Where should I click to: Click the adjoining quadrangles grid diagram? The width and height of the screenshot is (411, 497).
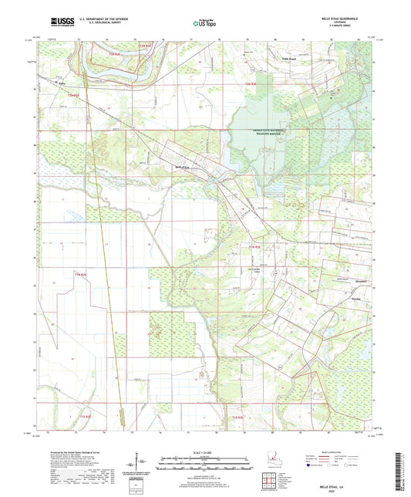pyautogui.click(x=271, y=483)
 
